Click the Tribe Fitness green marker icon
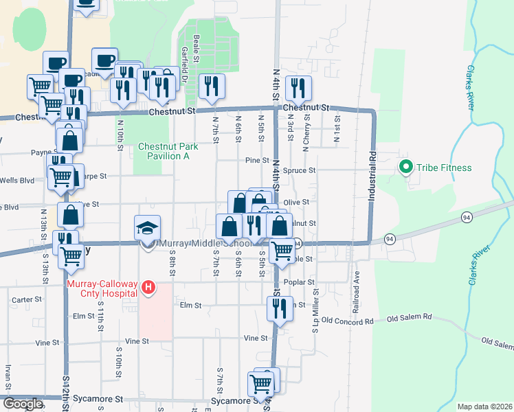[x=405, y=168]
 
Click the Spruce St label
[x=302, y=170]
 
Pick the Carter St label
[x=27, y=299]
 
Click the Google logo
[x=23, y=404]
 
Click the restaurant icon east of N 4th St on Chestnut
[x=298, y=87]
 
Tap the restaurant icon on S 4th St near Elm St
[x=279, y=309]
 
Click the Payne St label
[x=43, y=153]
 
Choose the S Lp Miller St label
[x=316, y=315]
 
